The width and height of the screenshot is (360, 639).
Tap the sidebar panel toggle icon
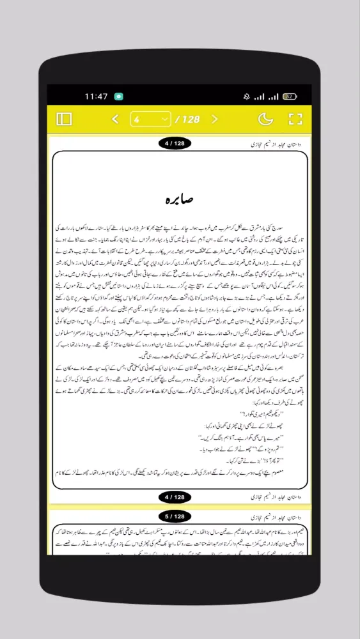coord(64,119)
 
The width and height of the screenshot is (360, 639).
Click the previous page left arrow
coord(116,119)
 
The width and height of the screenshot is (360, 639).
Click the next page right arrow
coord(215,119)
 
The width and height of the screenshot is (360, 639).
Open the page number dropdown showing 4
coord(150,119)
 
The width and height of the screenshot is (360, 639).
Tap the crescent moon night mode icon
coord(265,119)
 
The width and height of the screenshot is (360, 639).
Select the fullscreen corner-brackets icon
coord(295,119)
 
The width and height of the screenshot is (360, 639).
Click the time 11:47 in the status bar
coord(96,96)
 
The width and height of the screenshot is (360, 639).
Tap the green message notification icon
coord(118,96)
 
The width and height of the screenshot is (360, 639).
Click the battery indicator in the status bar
coord(290,96)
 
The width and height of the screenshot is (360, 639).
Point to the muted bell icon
coord(246,96)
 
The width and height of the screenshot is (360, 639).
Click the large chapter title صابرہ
coord(180,199)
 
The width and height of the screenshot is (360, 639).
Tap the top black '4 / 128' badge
coord(175,144)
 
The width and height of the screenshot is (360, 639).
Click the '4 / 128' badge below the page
coord(175,497)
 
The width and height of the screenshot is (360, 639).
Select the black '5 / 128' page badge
coord(175,516)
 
